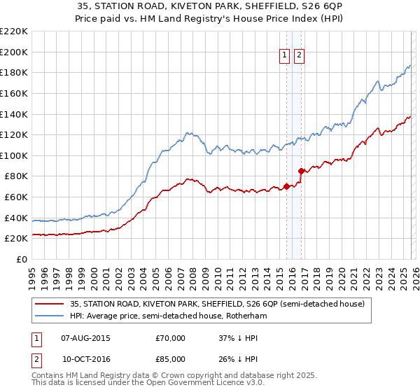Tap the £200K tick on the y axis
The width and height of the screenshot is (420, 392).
(15, 52)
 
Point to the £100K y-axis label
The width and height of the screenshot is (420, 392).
(15, 155)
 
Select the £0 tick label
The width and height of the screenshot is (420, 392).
(21, 259)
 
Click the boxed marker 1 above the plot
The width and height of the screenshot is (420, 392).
(285, 56)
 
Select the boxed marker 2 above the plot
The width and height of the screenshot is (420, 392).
(299, 56)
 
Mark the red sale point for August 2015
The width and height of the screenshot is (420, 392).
(286, 186)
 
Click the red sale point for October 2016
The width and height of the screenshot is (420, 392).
(301, 171)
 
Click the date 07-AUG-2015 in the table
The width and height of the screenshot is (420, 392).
(86, 338)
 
